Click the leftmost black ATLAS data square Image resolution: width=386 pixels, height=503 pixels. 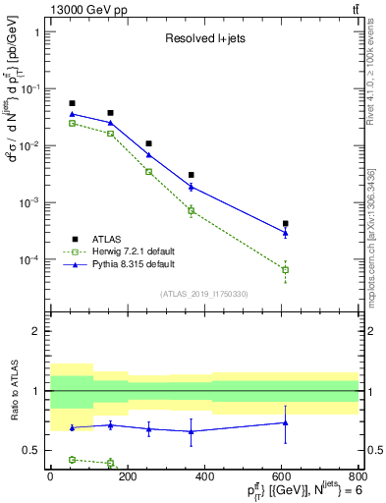coord(72,103)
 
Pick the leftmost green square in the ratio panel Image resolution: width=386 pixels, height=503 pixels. coord(72,459)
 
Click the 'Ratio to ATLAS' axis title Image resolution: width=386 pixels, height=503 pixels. coord(13,391)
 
